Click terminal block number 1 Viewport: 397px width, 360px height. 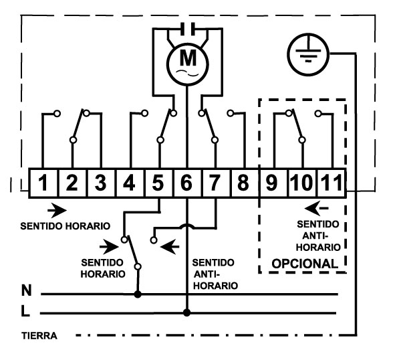43,183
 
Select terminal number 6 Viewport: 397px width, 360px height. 187,183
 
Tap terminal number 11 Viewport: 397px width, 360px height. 332,183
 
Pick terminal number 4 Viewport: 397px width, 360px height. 130,183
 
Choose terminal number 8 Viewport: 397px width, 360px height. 243,183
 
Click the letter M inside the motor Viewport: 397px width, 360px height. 188,58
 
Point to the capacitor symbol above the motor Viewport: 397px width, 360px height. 188,28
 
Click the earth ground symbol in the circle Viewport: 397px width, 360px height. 308,54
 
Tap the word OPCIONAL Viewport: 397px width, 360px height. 305,264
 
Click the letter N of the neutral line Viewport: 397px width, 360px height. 26,290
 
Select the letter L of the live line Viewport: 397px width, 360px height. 25,310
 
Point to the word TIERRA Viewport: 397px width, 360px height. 39,336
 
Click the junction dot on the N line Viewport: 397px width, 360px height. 138,294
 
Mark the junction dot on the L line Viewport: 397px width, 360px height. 187,312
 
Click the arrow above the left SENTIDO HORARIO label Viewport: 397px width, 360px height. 57,210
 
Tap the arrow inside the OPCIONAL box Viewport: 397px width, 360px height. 317,208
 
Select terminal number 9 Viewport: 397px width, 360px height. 271,183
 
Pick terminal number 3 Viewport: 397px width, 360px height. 100,183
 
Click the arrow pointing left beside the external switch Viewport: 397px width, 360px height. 170,246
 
